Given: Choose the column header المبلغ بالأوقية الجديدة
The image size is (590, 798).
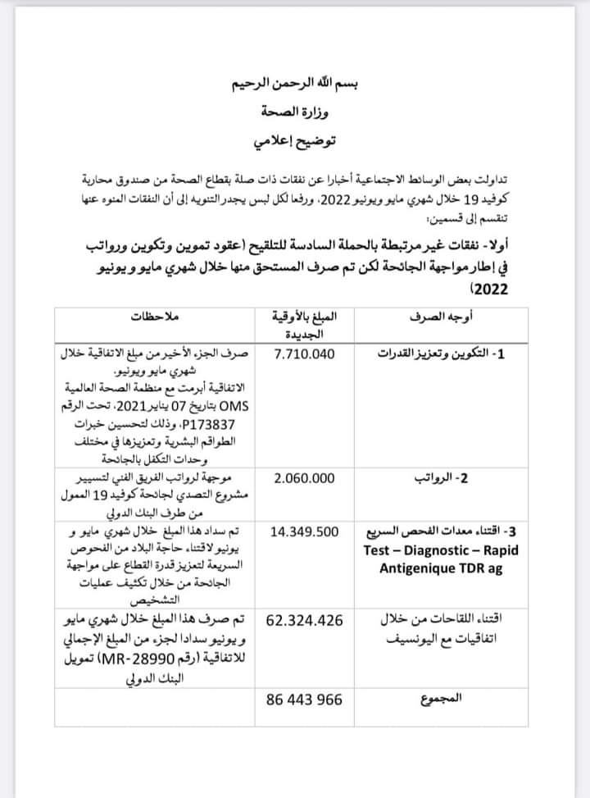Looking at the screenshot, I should [x=302, y=326].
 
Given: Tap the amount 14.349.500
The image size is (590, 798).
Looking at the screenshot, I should [x=303, y=531].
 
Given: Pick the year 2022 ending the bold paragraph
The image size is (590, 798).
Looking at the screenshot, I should [x=490, y=290].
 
